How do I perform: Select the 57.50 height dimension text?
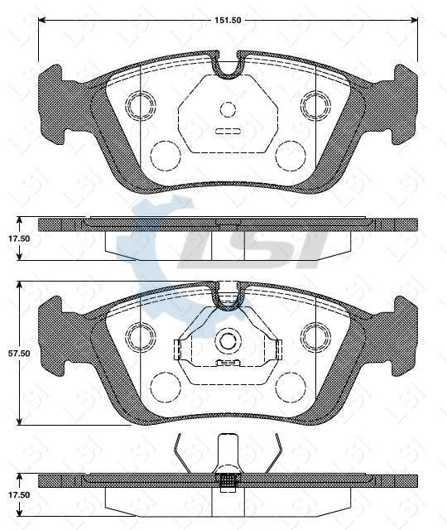19,353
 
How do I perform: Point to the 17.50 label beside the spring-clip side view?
19,494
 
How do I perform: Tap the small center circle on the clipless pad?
228,108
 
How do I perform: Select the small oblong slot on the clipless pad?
227,131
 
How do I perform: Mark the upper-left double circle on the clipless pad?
140,104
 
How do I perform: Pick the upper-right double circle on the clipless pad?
315,104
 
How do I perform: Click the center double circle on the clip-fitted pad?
228,340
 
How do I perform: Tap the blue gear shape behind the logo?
145,240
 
